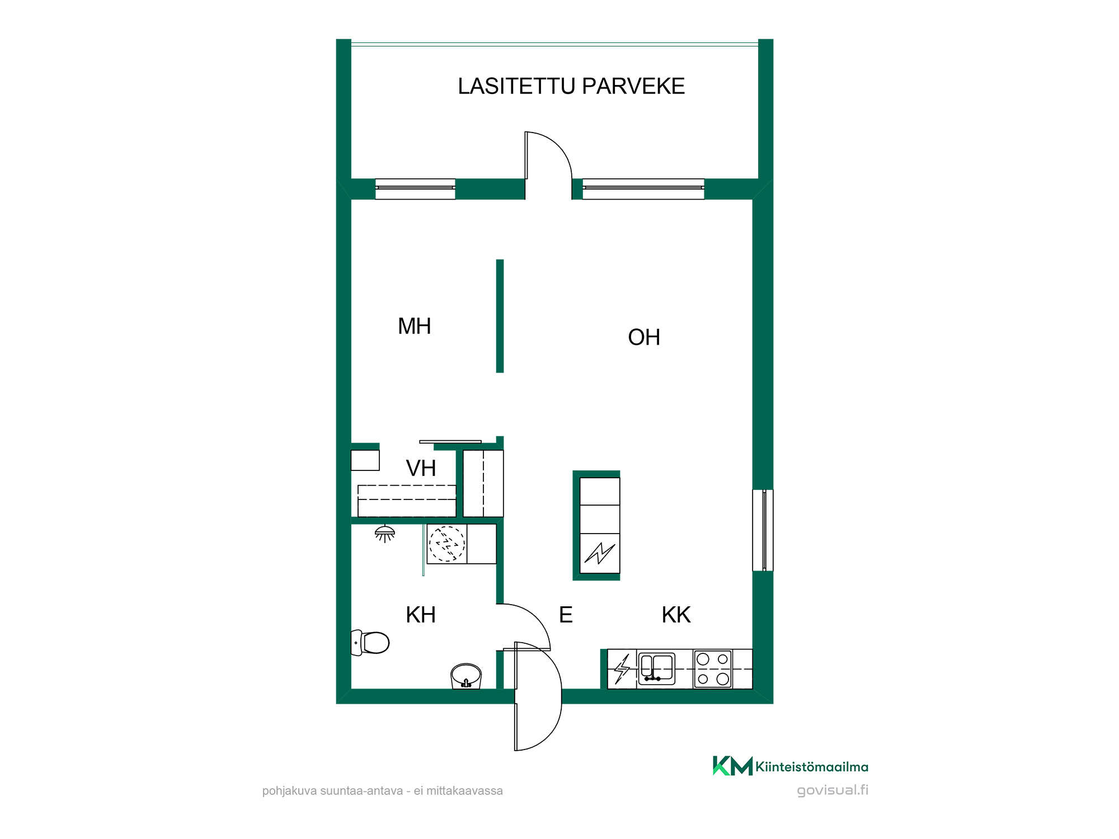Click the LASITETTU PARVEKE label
[571, 86]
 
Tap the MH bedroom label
[415, 326]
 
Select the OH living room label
[644, 337]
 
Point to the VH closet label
[421, 468]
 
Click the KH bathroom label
[421, 615]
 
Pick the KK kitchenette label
[676, 615]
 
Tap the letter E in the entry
[566, 615]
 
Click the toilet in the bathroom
[370, 643]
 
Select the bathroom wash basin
[466, 676]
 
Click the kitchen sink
[657, 668]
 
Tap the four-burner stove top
[713, 669]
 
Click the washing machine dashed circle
[446, 544]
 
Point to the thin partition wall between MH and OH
[500, 316]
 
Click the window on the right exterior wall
[763, 530]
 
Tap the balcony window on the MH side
[415, 189]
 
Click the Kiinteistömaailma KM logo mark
[732, 766]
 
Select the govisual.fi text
[833, 790]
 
